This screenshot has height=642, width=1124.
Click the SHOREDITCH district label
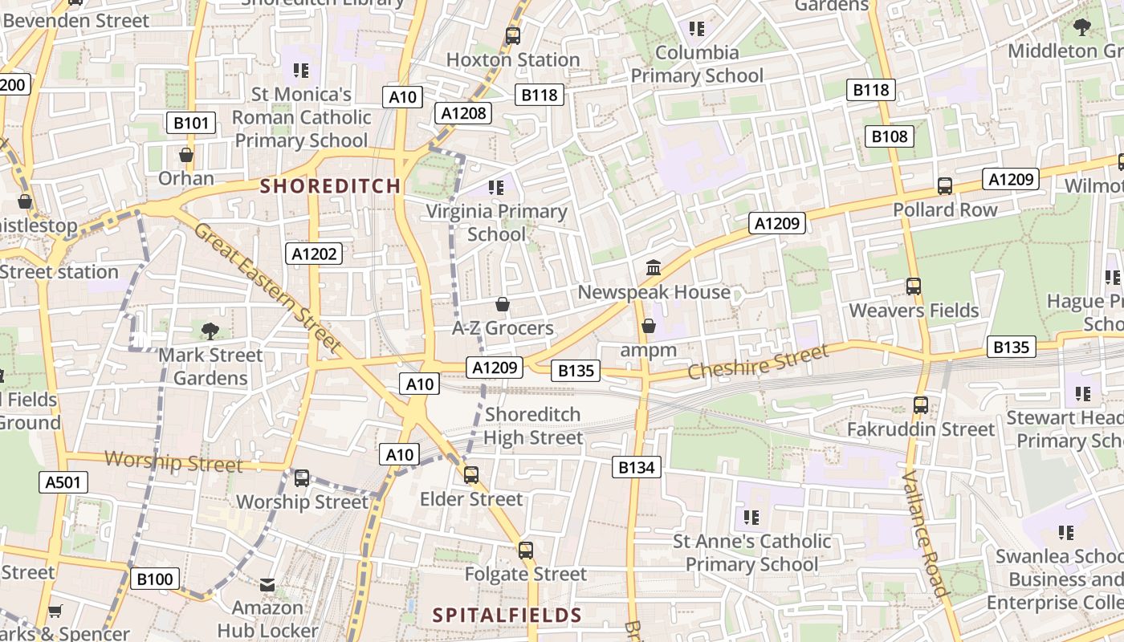(330, 186)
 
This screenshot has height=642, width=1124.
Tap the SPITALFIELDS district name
(507, 616)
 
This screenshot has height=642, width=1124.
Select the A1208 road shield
(464, 113)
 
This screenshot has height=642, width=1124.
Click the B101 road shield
(191, 123)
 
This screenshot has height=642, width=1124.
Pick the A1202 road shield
(315, 254)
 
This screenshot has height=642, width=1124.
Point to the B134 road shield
(637, 467)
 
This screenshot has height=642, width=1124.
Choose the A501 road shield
(63, 482)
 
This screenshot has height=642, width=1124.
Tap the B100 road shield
(154, 579)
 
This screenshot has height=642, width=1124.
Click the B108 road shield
(890, 136)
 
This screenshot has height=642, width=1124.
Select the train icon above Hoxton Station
(512, 35)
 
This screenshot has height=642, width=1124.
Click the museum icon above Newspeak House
(654, 267)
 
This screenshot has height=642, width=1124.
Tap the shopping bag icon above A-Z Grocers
(503, 304)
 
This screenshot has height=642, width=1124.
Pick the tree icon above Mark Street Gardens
(210, 330)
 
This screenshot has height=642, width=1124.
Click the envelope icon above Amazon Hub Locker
(267, 585)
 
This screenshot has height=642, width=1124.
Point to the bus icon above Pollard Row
(945, 186)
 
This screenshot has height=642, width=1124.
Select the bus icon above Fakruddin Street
(920, 405)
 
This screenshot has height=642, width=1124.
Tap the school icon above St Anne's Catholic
(751, 517)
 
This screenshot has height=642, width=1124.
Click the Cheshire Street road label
(758, 364)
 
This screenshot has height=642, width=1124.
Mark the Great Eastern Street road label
(268, 288)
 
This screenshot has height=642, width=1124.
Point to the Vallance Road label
(926, 533)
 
